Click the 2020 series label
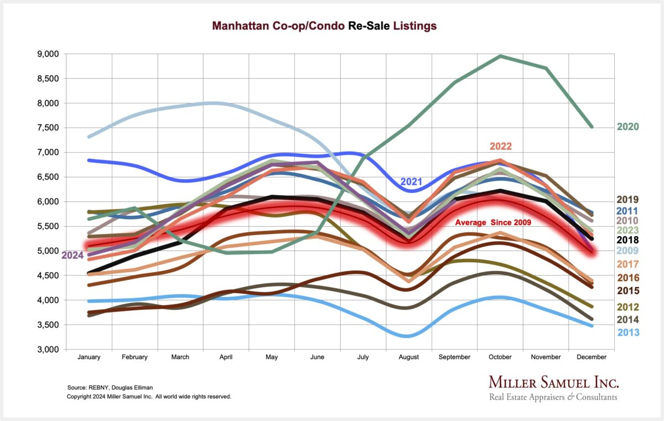628,127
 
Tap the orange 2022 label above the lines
501,147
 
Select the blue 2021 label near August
412,181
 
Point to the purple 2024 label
72,255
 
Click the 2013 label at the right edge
628,332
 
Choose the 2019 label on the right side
628,200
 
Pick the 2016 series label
628,278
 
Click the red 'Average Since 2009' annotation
493,222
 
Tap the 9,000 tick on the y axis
48,54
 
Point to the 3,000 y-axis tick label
48,349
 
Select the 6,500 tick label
48,177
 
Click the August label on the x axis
409,357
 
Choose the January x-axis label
89,357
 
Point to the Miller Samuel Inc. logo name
553,382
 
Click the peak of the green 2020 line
500,56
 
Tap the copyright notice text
149,397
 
